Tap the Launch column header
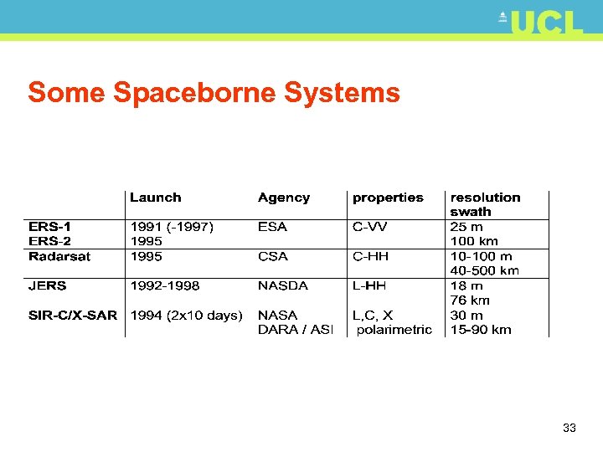[155, 198]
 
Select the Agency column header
[284, 198]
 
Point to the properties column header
[388, 198]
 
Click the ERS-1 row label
[50, 227]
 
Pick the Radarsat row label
[59, 256]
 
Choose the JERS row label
[47, 285]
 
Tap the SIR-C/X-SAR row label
[73, 315]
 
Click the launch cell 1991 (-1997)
[172, 227]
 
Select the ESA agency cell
[272, 227]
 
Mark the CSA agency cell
[273, 256]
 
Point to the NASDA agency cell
[283, 285]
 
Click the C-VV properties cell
[370, 227]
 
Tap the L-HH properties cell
[369, 285]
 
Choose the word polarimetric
[394, 330]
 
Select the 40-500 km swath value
[485, 270]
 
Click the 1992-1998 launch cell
[165, 285]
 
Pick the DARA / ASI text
[296, 330]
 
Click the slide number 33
[569, 428]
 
